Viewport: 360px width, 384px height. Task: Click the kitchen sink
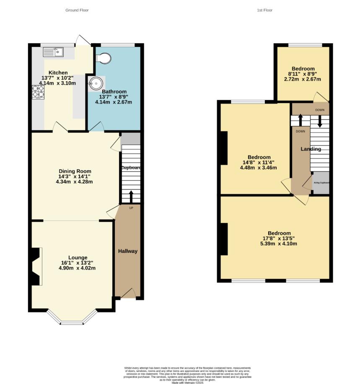(53, 52)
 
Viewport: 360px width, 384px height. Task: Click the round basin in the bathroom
(95, 83)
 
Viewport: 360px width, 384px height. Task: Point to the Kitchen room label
(58, 73)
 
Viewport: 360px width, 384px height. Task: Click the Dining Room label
(74, 171)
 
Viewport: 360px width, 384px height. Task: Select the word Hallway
(127, 251)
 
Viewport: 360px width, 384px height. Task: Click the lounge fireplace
(36, 266)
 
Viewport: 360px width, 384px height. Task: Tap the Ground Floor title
(77, 10)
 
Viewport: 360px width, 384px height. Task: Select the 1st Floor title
(264, 10)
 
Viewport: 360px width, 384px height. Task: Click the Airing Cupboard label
(321, 183)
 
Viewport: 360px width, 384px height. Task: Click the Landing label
(311, 149)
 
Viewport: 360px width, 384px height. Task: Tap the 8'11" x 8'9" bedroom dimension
(303, 74)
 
